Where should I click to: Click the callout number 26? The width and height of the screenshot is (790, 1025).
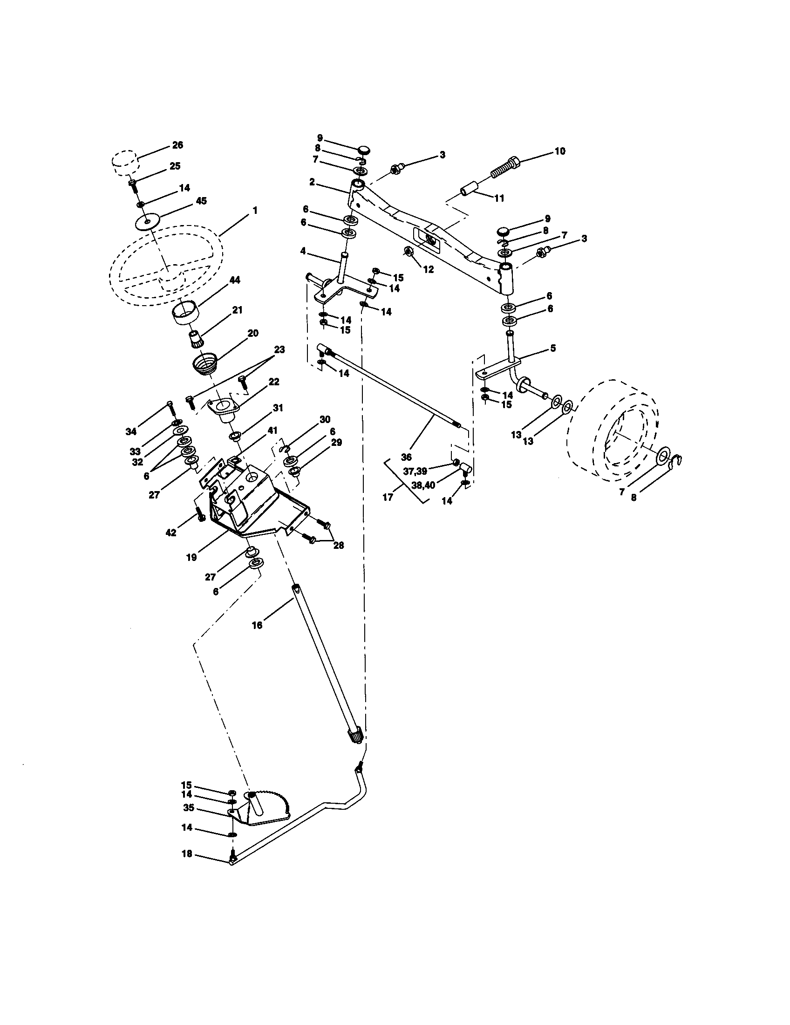(x=177, y=145)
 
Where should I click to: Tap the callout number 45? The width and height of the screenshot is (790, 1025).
(x=201, y=201)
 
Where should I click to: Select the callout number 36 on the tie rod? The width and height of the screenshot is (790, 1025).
(x=406, y=456)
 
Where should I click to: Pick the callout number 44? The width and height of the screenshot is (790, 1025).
(x=235, y=280)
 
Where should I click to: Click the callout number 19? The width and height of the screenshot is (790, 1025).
(x=191, y=558)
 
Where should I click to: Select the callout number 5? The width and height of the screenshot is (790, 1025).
(x=552, y=348)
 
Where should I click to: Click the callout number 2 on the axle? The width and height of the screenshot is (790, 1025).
(x=312, y=182)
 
